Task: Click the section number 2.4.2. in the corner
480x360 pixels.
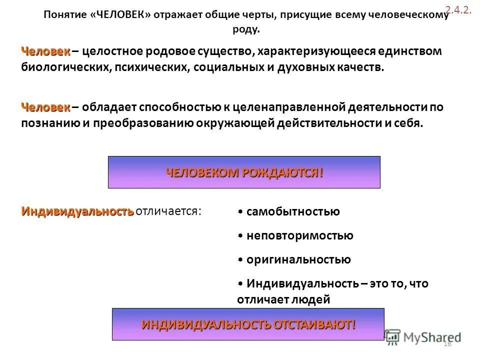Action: pos(458,9)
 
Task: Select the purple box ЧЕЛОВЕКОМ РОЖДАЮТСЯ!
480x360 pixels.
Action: pos(244,172)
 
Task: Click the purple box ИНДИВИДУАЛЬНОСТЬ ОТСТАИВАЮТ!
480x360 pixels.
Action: pos(248,324)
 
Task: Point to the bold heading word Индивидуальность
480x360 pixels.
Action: pos(77,211)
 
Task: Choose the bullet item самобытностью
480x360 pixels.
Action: pos(293,211)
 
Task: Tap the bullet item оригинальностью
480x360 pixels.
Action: pos(298,259)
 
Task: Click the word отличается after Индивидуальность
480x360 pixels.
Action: pos(169,211)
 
